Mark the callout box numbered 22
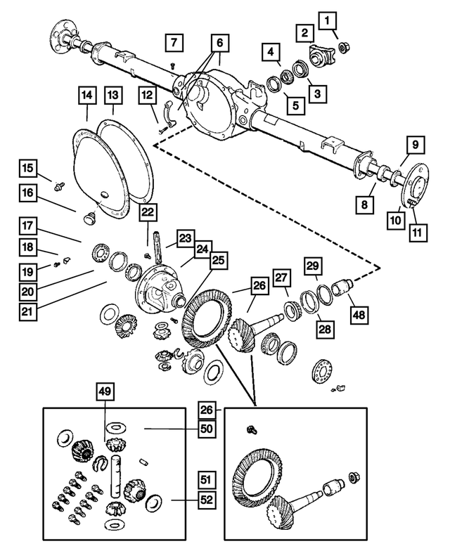148,213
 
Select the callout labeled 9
415,145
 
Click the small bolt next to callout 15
61,186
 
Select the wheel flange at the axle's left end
60,32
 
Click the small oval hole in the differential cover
103,195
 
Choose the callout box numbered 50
206,428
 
